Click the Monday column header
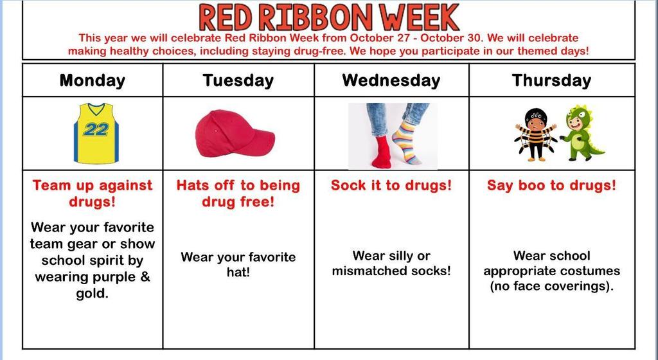coord(92,80)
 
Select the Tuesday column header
coord(238,80)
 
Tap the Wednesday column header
coord(391,80)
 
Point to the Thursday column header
coord(551,80)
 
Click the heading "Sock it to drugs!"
coord(391,185)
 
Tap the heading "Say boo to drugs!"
coord(551,185)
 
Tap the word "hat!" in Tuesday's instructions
coord(237,273)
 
